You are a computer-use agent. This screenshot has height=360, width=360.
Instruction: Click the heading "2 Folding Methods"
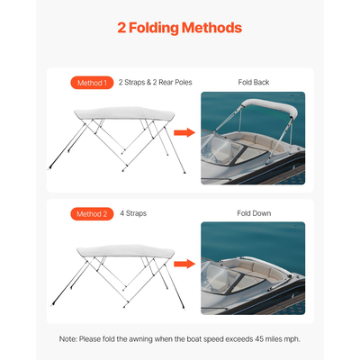(180, 28)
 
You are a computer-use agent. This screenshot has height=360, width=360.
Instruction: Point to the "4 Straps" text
(132, 214)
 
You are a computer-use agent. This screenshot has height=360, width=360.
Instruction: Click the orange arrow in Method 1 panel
(184, 133)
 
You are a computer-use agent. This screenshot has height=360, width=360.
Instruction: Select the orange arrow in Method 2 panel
(184, 265)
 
